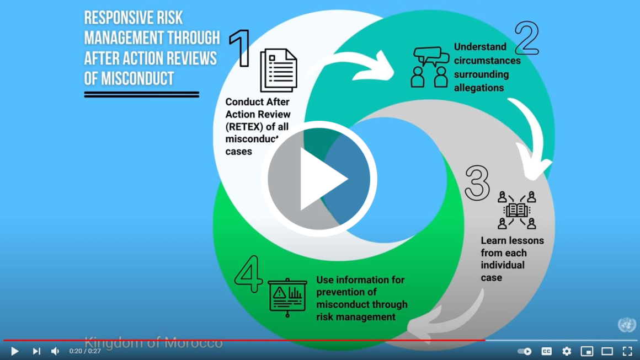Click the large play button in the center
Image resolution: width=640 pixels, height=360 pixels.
point(319,179)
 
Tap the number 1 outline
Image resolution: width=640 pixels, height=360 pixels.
point(241,49)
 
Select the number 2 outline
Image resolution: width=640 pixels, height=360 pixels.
point(526,38)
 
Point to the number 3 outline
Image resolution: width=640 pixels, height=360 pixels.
point(477,182)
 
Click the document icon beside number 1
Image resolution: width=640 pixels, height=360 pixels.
point(279,70)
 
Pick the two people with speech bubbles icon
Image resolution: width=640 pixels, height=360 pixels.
point(430,67)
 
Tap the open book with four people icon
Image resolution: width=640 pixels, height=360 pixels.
point(516,210)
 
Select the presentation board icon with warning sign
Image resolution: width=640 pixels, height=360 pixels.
point(287,297)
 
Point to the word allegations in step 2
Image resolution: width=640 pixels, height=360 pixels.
point(479,88)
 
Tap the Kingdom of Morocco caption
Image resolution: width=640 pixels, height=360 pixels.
point(153,343)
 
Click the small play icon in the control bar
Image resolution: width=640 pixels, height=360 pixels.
point(15,351)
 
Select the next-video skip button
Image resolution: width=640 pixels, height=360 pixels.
point(36,351)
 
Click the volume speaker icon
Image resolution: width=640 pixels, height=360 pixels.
point(55,351)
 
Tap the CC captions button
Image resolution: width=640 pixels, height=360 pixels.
point(546,351)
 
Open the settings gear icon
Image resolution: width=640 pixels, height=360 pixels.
point(567,351)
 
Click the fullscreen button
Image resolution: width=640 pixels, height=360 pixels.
point(627,351)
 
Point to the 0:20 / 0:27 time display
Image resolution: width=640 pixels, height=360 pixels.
point(85,351)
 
